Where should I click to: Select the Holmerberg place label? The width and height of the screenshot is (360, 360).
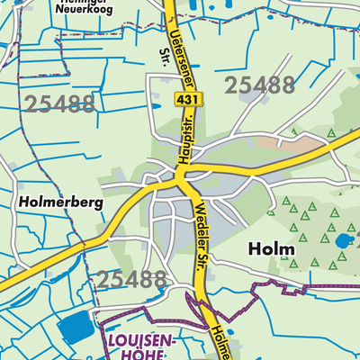(x=58, y=203)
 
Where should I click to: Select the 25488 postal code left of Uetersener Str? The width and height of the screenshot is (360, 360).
(x=61, y=103)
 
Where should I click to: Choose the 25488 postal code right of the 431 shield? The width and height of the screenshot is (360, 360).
(x=259, y=85)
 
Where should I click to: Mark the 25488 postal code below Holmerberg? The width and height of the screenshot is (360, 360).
(x=133, y=279)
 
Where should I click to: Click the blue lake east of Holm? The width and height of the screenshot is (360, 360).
(x=342, y=241)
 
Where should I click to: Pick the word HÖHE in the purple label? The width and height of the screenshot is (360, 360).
(x=132, y=355)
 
